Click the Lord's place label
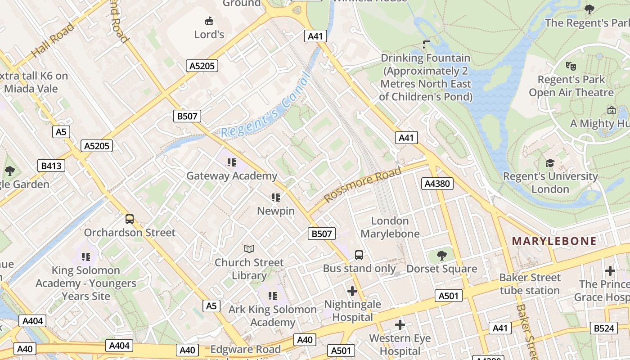pos(209,34)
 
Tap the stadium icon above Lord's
pos(209,21)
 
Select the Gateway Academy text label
pos(232,176)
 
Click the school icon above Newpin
pos(276,197)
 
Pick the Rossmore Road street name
pos(362,185)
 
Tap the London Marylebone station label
pos(390,227)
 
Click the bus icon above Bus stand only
pos(359,255)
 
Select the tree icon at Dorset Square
pos(442,256)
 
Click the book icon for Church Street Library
pos(249,249)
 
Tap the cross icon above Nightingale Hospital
pos(352,291)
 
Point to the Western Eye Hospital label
pos(400,344)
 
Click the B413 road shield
pos(51,166)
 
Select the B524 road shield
pos(603,328)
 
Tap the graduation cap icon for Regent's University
pos(550,163)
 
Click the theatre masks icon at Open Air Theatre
pos(571,66)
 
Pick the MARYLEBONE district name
pos(554,241)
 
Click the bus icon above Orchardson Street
pos(130,219)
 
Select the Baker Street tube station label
pos(530,284)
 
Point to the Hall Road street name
pos(53,41)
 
